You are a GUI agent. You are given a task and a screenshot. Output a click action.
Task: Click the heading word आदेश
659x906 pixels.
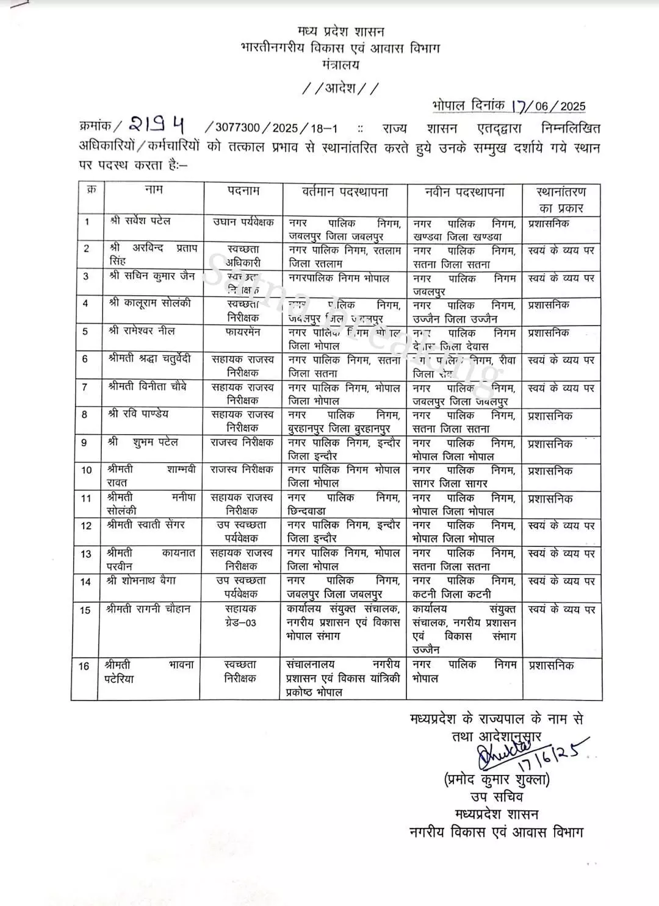point(340,88)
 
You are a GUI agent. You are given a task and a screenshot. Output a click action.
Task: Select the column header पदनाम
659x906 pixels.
point(243,191)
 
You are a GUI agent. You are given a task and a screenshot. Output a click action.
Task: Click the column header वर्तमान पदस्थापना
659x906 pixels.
point(345,192)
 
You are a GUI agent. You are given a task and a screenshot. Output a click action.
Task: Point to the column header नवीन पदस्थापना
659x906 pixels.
point(464,192)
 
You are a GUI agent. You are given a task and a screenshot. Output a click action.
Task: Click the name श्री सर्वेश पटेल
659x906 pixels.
point(140,221)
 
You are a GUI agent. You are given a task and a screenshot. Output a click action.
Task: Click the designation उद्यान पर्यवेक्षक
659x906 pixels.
point(243,223)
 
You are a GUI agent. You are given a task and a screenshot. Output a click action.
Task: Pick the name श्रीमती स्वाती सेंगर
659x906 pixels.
point(145,525)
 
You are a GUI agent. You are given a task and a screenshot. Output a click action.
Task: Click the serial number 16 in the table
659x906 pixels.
point(85,666)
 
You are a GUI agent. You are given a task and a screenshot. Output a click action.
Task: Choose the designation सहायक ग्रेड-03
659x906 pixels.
point(241,616)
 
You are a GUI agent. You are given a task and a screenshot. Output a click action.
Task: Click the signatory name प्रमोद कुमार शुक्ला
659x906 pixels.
point(497,780)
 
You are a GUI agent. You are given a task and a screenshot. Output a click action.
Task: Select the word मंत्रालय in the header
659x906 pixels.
point(340,65)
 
